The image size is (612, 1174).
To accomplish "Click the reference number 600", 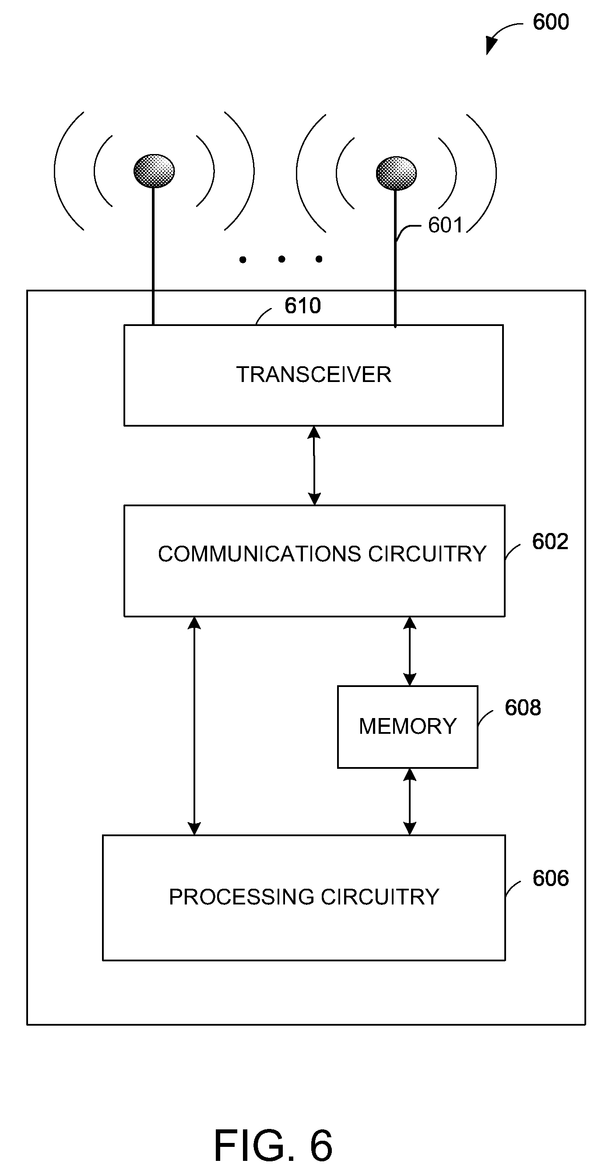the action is click(550, 22).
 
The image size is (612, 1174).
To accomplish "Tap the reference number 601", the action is click(446, 225).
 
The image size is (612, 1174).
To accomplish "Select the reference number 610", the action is click(303, 305).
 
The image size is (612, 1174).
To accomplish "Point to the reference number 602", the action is click(550, 541).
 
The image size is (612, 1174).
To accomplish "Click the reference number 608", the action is click(523, 707).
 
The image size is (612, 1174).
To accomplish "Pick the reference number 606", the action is click(550, 878).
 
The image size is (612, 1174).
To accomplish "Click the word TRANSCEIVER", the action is click(314, 375).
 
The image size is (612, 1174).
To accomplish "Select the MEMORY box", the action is click(408, 727).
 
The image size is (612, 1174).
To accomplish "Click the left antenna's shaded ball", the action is click(154, 171).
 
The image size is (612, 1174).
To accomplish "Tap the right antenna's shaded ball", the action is click(396, 173).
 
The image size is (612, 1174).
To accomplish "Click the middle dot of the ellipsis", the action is click(281, 259).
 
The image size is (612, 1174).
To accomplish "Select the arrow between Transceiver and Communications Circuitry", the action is click(314, 465).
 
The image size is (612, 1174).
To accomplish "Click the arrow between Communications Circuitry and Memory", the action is click(409, 651).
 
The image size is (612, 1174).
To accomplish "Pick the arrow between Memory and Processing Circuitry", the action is click(409, 802).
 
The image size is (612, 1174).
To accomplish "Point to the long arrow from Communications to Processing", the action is click(194, 726).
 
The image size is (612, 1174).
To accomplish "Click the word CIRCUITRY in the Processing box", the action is click(380, 897).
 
